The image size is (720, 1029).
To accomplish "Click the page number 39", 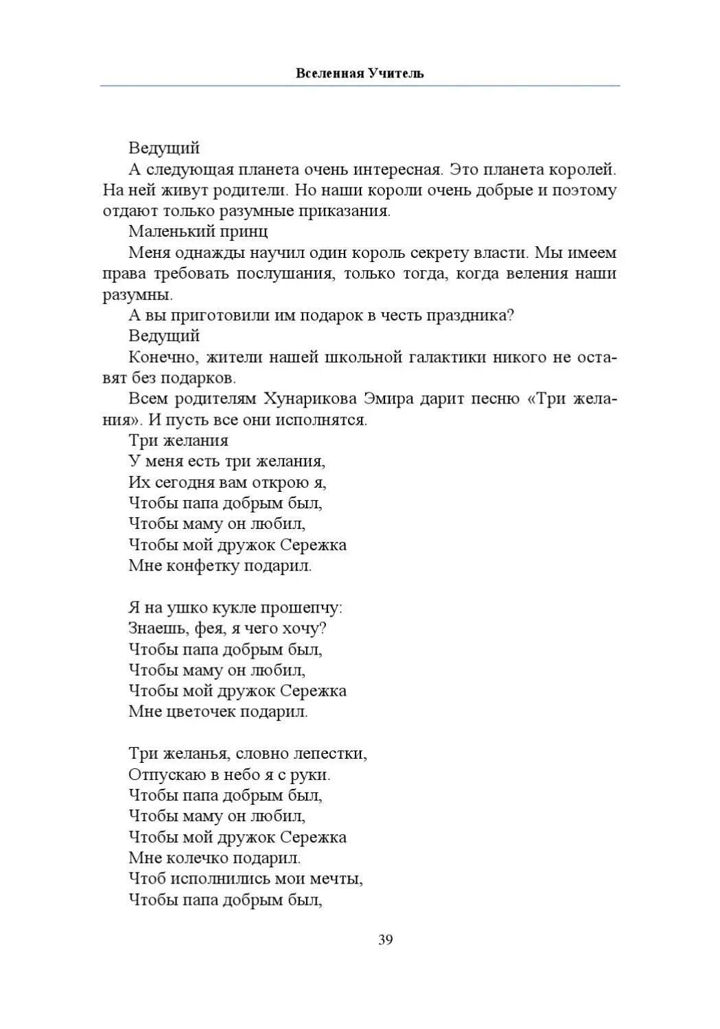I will click(x=385, y=940).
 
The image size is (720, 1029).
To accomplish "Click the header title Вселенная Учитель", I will click(x=360, y=73).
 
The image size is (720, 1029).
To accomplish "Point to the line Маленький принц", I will click(x=198, y=231).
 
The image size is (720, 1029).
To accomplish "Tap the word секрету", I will click(x=436, y=252).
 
